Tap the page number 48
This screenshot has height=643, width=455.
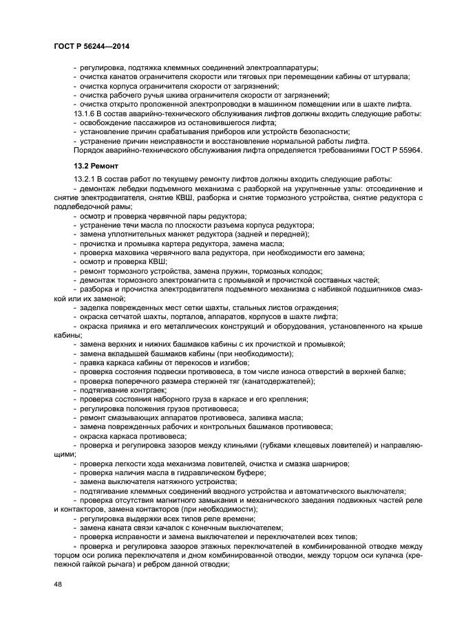(57, 586)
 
